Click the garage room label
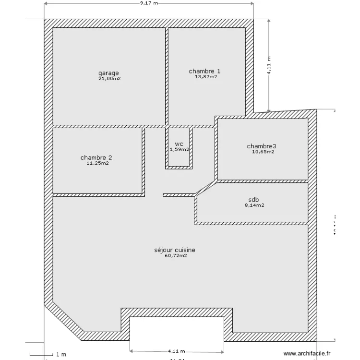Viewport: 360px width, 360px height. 109,73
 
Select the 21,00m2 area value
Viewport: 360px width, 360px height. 109,79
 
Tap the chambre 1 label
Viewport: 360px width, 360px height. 205,72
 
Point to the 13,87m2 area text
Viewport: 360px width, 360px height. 206,77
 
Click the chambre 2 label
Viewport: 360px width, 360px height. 96,157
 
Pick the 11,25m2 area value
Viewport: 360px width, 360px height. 97,163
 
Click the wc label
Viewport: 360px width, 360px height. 179,144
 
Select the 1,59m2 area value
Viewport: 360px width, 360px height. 179,149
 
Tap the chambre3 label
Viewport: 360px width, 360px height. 262,146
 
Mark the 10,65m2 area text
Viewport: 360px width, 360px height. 263,152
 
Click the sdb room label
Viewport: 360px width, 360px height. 253,199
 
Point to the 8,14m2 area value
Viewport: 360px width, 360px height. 254,205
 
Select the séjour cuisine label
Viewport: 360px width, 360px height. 175,250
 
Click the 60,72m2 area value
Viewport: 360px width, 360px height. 176,256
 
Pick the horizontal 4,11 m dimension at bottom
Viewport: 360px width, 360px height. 177,351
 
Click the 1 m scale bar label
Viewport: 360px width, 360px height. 61,355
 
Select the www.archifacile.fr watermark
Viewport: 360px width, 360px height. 307,354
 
